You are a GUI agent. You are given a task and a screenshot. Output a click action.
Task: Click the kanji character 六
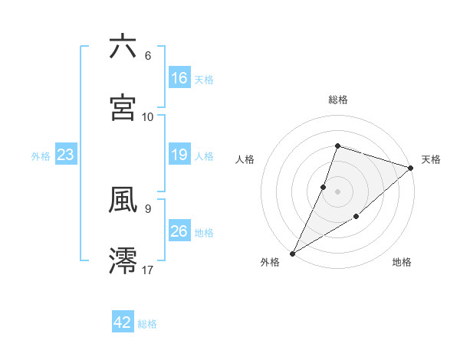tap(123, 47)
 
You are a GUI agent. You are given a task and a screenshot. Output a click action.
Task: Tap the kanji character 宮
tap(123, 106)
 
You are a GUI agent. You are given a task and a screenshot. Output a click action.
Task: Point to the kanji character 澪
tap(123, 260)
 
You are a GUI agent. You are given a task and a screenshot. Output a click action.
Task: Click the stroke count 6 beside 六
tap(148, 56)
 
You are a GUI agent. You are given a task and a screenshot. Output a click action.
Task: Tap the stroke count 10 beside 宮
tap(148, 116)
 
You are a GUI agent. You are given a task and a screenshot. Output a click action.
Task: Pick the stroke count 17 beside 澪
tap(148, 270)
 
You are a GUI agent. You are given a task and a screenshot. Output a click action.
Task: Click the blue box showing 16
tap(179, 78)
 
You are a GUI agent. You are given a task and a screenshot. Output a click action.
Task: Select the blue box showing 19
tap(179, 155)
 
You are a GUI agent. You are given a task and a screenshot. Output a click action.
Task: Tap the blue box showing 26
tap(179, 231)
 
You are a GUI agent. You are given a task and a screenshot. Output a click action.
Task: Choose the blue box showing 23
tap(66, 155)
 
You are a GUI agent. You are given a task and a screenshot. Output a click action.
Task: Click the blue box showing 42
tap(123, 322)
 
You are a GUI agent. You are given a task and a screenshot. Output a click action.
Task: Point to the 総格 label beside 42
tap(147, 324)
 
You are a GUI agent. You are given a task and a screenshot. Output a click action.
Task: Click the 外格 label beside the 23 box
tap(41, 156)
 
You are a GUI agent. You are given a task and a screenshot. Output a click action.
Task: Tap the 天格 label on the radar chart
tap(431, 159)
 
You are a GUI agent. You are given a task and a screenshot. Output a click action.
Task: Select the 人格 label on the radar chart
tap(245, 159)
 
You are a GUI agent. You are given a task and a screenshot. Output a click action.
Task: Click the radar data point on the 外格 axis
tap(292, 253)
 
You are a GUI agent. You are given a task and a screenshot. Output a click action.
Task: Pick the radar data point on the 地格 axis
tap(356, 218)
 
